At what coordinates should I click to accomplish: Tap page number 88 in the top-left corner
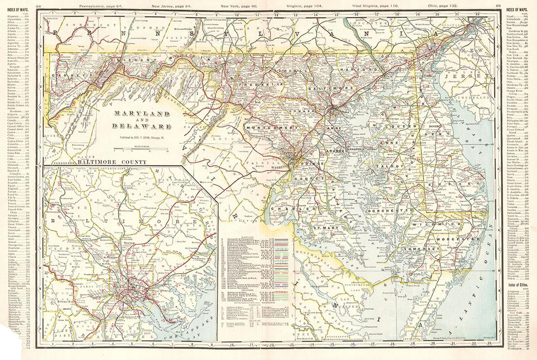(45, 5)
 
